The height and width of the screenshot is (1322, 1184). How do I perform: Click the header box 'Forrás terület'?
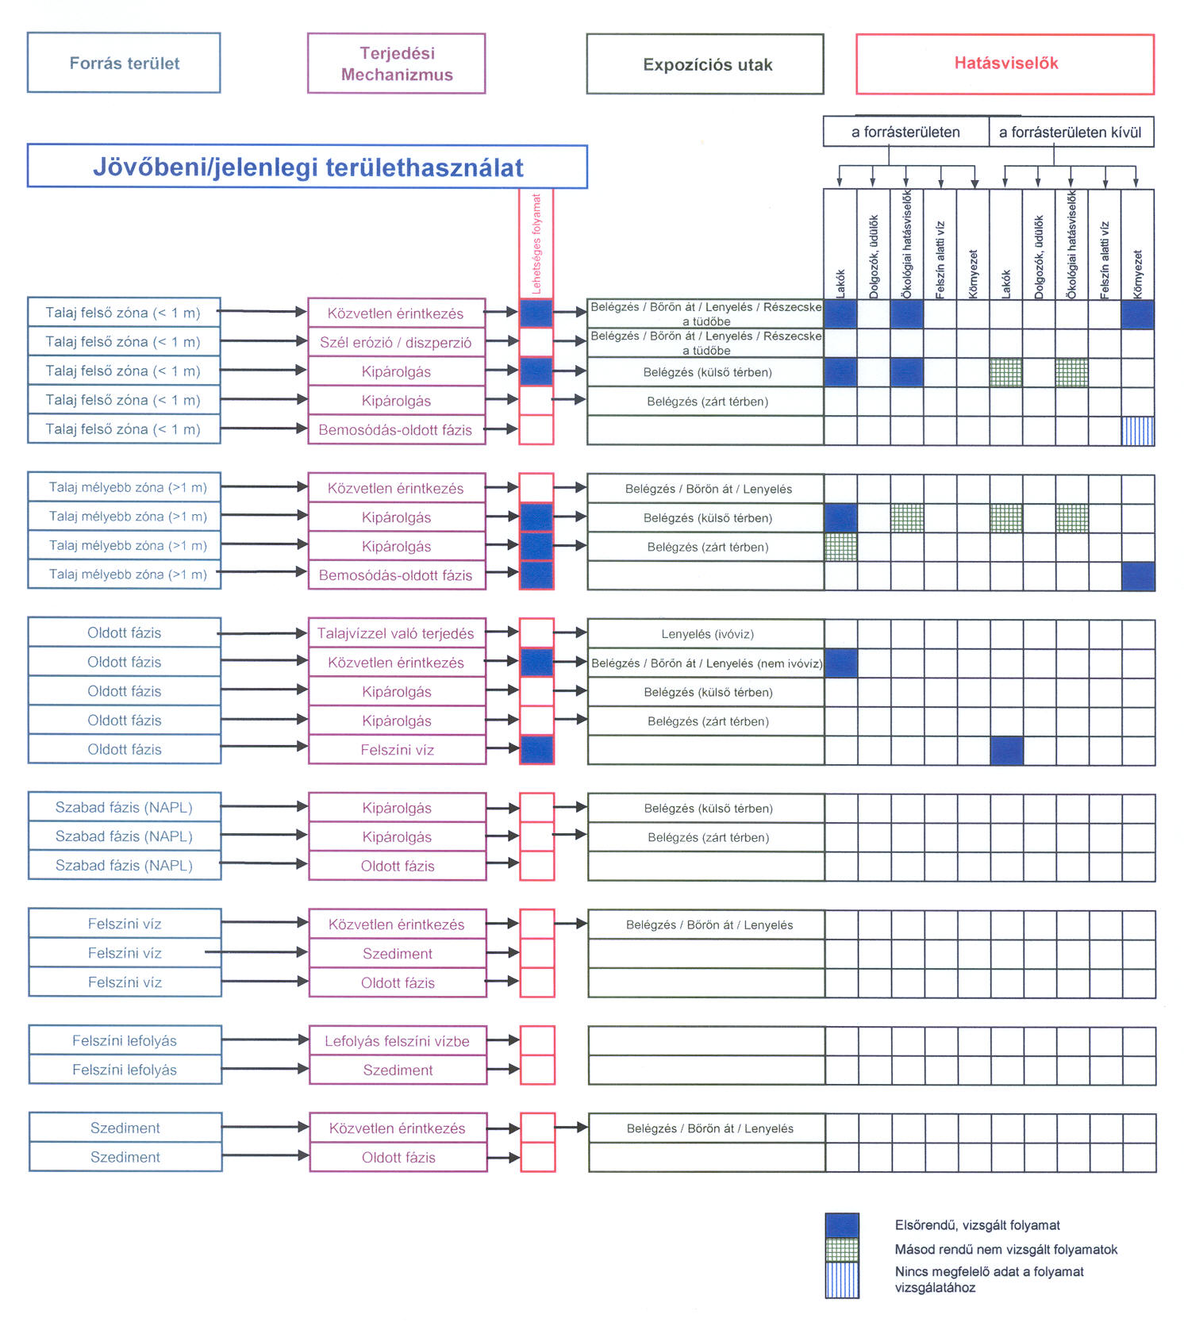pyautogui.click(x=124, y=63)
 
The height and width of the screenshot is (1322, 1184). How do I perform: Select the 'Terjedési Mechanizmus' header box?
pyautogui.click(x=397, y=63)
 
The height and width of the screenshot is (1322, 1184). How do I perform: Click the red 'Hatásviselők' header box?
pyautogui.click(x=1005, y=63)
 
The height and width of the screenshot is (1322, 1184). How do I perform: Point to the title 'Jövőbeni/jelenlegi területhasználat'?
pyautogui.click(x=308, y=167)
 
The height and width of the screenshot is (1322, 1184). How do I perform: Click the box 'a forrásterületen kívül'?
pyautogui.click(x=1071, y=132)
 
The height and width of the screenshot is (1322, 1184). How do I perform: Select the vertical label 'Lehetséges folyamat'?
pyautogui.click(x=536, y=244)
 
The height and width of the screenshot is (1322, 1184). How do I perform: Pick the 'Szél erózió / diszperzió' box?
pyautogui.click(x=396, y=342)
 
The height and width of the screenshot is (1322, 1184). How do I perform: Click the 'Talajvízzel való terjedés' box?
pyautogui.click(x=396, y=633)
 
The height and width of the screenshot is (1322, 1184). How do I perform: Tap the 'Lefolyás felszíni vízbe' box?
pyautogui.click(x=397, y=1041)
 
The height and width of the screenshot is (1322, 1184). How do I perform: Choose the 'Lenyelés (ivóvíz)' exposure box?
pyautogui.click(x=706, y=634)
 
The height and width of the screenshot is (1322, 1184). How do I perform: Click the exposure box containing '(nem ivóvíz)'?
pyautogui.click(x=706, y=663)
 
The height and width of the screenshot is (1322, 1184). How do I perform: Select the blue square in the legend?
pyautogui.click(x=842, y=1225)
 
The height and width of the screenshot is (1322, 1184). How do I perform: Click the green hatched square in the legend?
pyautogui.click(x=842, y=1250)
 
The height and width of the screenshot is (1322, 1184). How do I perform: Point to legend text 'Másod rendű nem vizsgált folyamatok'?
pyautogui.click(x=1005, y=1250)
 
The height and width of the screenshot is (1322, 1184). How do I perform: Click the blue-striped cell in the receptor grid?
pyautogui.click(x=1138, y=431)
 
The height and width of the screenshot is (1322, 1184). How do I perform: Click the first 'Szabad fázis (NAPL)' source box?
pyautogui.click(x=125, y=807)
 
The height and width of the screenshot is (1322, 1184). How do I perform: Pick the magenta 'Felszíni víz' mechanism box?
pyautogui.click(x=397, y=750)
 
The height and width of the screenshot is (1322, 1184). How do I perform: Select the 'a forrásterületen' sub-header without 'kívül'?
pyautogui.click(x=905, y=132)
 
